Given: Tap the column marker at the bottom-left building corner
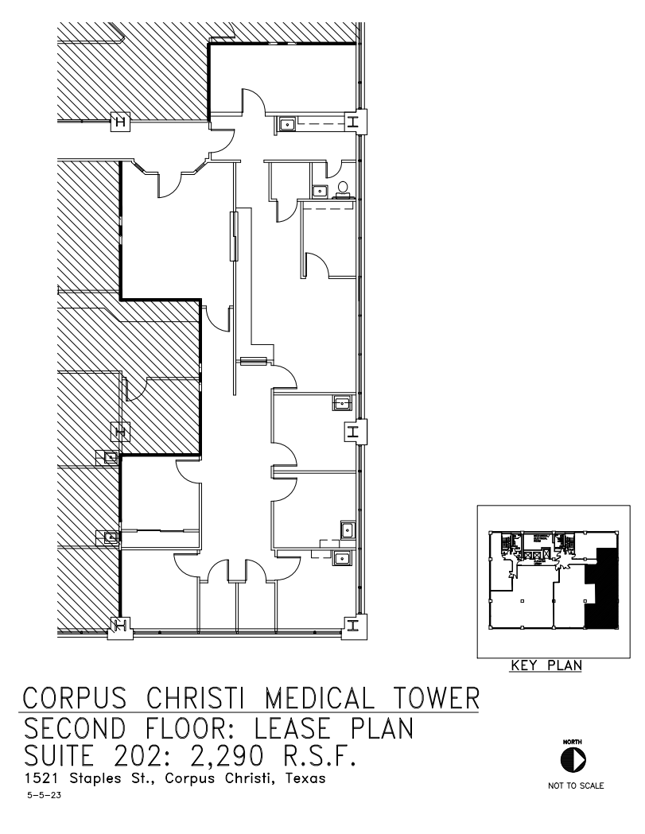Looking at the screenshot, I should [122, 626].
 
